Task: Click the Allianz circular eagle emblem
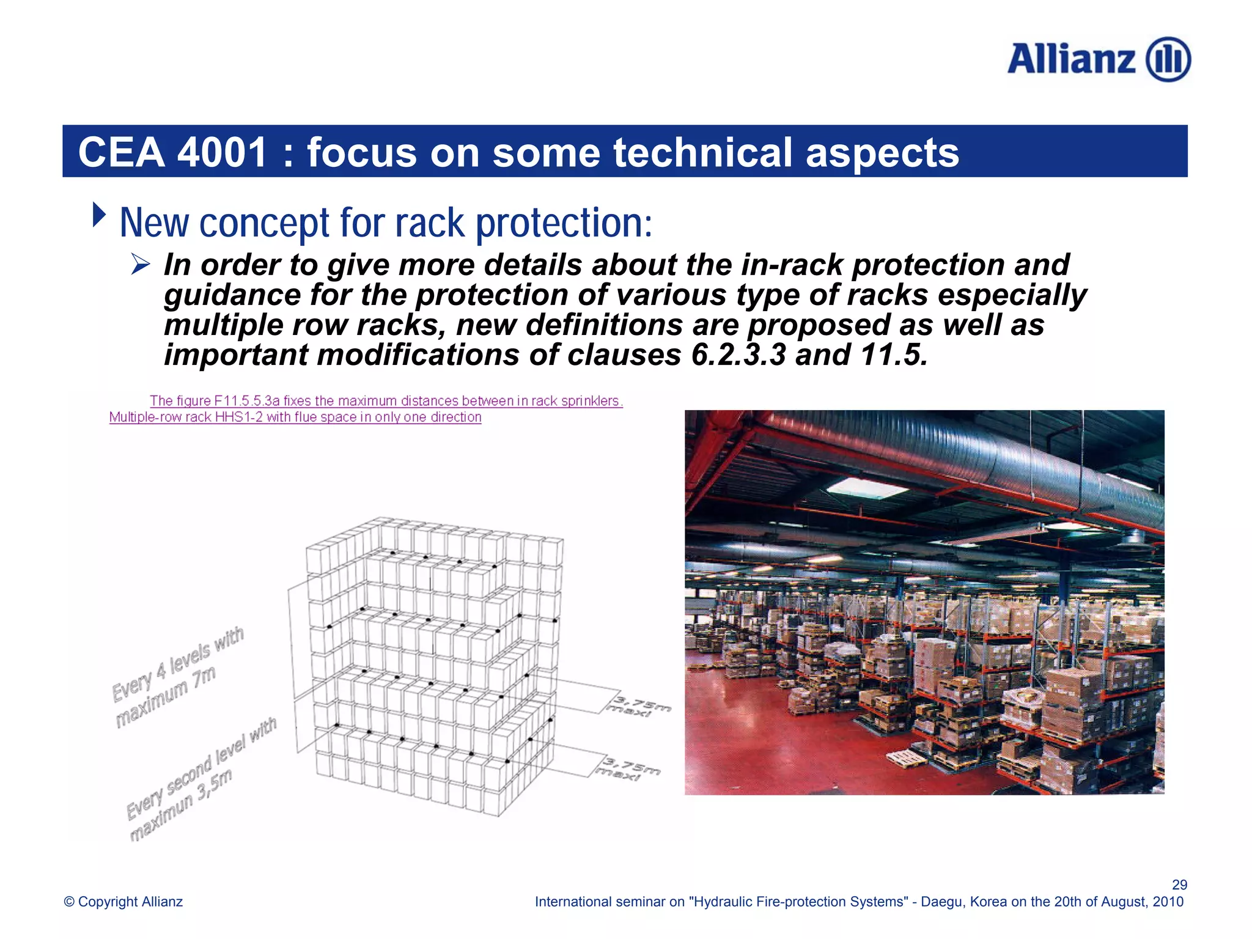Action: coord(1168,59)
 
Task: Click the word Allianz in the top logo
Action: coord(1071,59)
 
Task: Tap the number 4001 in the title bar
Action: coord(222,152)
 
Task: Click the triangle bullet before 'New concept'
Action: coord(99,215)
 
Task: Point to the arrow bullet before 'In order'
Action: coord(141,265)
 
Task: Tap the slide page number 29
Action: coord(1179,885)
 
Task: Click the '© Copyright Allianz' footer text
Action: coord(123,902)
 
